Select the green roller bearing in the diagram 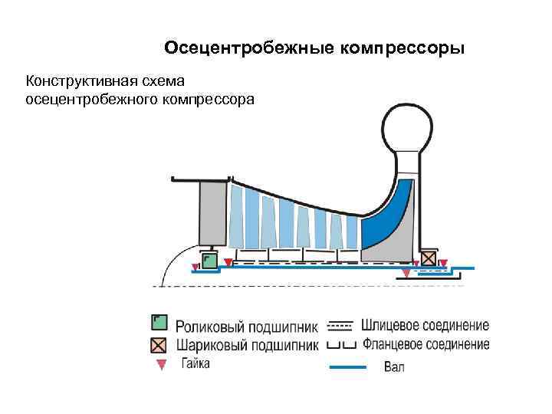(x=208, y=260)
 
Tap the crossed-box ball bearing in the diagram (x=427, y=258)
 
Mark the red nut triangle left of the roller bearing (x=195, y=267)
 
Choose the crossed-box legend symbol (x=159, y=343)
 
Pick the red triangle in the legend (x=160, y=364)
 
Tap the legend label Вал (x=394, y=367)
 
